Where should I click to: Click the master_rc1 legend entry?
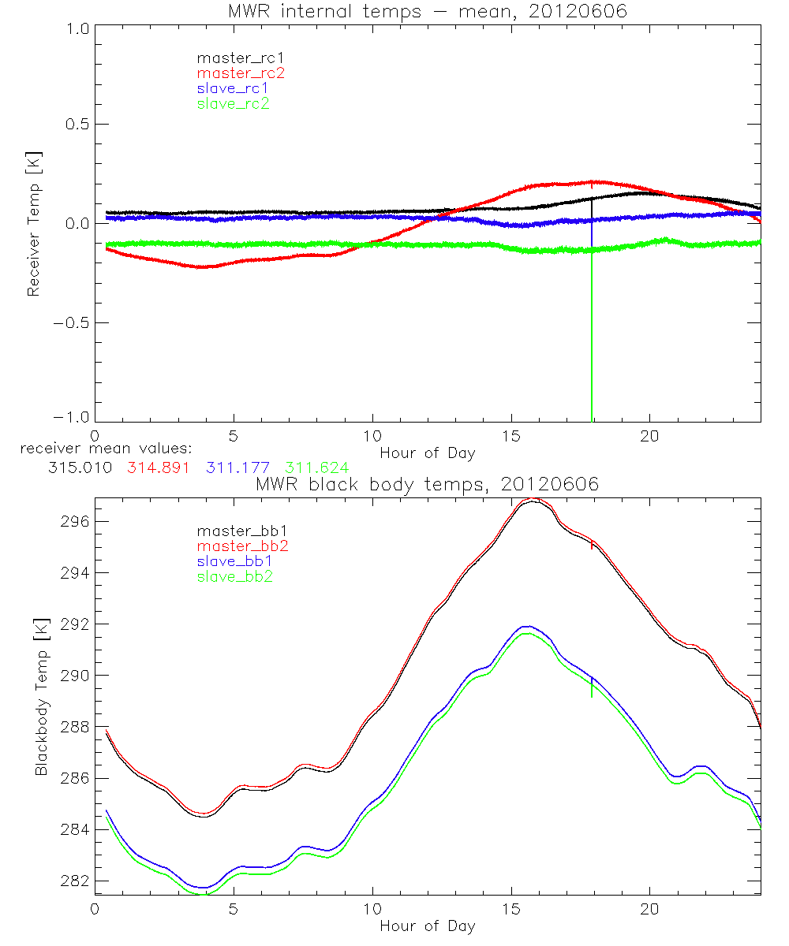coord(233,58)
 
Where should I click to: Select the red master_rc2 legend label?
coord(233,73)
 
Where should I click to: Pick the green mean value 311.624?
coord(316,467)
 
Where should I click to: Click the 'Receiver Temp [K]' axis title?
coord(33,224)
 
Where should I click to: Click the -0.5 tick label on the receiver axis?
coord(69,322)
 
